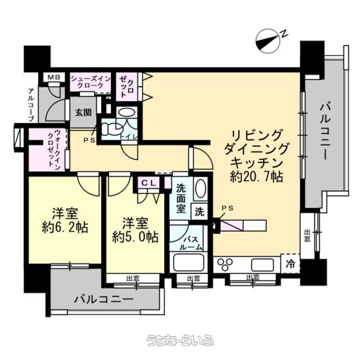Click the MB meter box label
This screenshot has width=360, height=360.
pos(54,77)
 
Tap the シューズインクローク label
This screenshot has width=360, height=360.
pos(91,82)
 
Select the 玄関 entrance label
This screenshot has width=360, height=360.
pos(83,112)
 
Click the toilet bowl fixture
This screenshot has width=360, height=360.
pos(111,129)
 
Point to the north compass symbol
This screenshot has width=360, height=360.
pos(268,41)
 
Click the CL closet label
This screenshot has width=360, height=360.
pos(148,183)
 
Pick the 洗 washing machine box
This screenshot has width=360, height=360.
pos(200,211)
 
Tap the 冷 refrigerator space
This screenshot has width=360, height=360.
pos(290,264)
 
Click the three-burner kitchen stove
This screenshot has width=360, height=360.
pos(225,264)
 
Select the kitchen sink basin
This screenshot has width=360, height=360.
pos(263,265)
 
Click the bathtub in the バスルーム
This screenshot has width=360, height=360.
pos(189,262)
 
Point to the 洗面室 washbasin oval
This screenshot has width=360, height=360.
pos(200,188)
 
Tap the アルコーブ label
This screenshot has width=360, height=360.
pos(31,105)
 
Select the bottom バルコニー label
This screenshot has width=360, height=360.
pos(103,299)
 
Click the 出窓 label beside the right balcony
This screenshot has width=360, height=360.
pos(307,235)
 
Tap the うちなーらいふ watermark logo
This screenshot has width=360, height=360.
pos(180,341)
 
